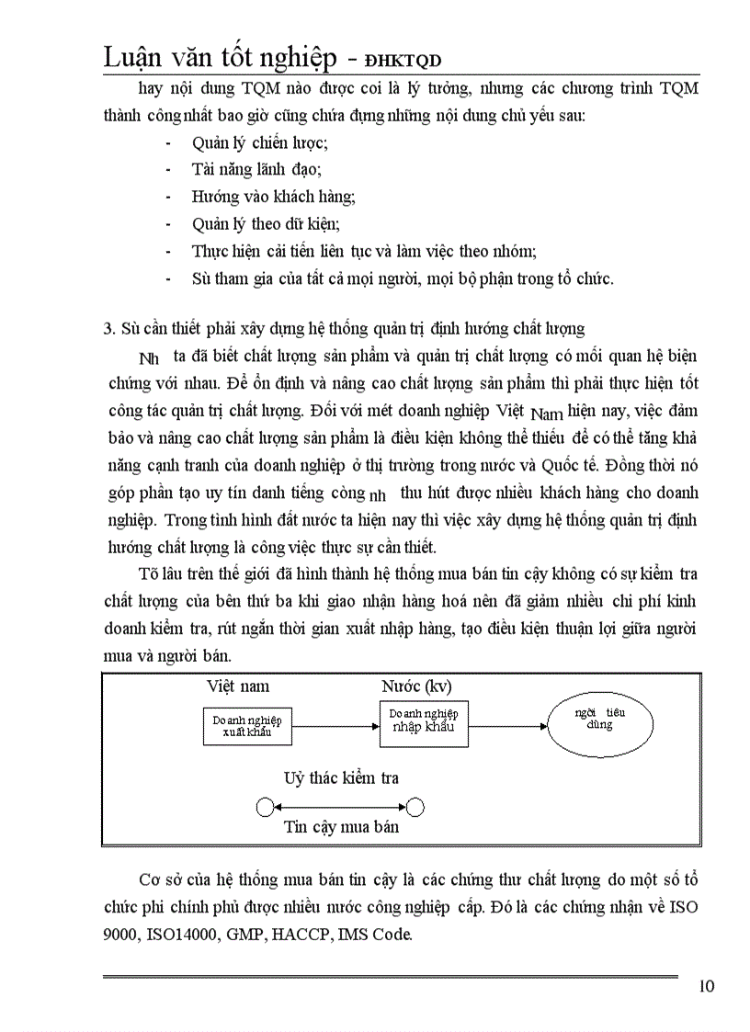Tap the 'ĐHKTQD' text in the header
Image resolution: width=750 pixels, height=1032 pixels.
(403, 60)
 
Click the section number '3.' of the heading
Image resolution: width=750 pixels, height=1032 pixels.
(108, 329)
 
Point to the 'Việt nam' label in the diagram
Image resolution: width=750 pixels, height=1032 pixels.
(238, 686)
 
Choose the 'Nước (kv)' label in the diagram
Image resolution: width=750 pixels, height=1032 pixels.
(416, 686)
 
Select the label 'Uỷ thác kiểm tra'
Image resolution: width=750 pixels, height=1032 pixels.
(341, 778)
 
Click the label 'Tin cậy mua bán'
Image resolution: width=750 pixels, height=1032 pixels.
(341, 826)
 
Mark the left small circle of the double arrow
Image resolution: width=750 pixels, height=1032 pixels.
(265, 808)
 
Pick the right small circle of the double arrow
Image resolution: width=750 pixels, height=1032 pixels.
(415, 808)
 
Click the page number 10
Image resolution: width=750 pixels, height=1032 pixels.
(706, 987)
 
